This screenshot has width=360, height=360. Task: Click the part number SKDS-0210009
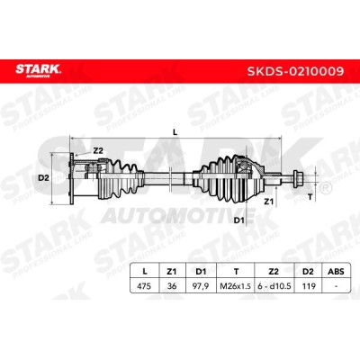pos(295,71)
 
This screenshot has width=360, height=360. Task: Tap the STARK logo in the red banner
pos(38,70)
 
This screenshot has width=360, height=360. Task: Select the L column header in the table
pos(145,272)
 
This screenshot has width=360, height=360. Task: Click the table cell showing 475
pos(144,286)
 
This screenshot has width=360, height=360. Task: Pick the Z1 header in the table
pos(171,272)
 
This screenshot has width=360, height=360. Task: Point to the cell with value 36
pos(172,286)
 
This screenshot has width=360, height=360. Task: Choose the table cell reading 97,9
pos(201,286)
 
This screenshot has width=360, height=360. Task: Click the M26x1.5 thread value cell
pos(235,286)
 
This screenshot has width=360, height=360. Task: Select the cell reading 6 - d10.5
pos(274,286)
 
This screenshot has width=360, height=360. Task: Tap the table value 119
pos(309,286)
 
